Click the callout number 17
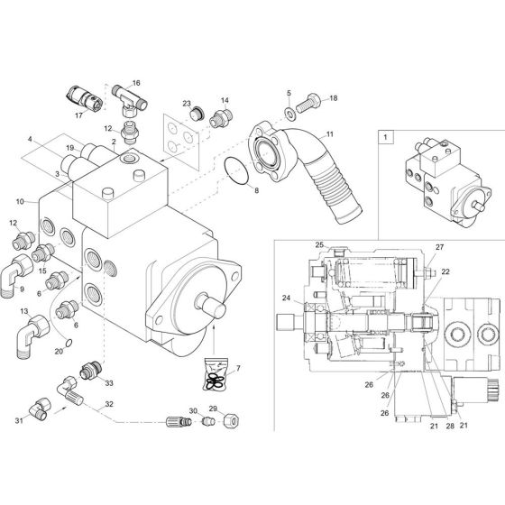[x=79, y=115]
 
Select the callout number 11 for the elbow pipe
[x=329, y=134]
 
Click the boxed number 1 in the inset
[x=386, y=138]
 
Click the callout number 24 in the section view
[x=285, y=298]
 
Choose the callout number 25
[x=319, y=245]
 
